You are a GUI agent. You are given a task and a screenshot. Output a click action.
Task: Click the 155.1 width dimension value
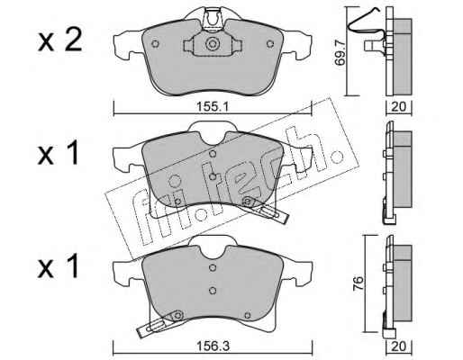(x=213, y=106)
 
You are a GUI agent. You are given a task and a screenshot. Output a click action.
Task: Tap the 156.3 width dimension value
(x=213, y=346)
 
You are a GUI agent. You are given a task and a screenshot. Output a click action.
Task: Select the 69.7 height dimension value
(x=340, y=54)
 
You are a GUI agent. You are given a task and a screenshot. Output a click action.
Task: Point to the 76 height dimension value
(x=359, y=283)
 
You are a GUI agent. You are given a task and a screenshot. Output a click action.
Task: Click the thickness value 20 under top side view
(x=399, y=106)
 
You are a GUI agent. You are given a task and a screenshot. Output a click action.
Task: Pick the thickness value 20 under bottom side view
(x=399, y=346)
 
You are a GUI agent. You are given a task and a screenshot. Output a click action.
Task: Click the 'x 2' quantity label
(x=59, y=41)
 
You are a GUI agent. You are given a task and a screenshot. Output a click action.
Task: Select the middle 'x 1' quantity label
(x=58, y=154)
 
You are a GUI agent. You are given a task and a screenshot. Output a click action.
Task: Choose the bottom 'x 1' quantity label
(x=58, y=266)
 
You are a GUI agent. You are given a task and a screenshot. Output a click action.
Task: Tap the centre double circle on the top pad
(x=213, y=44)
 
